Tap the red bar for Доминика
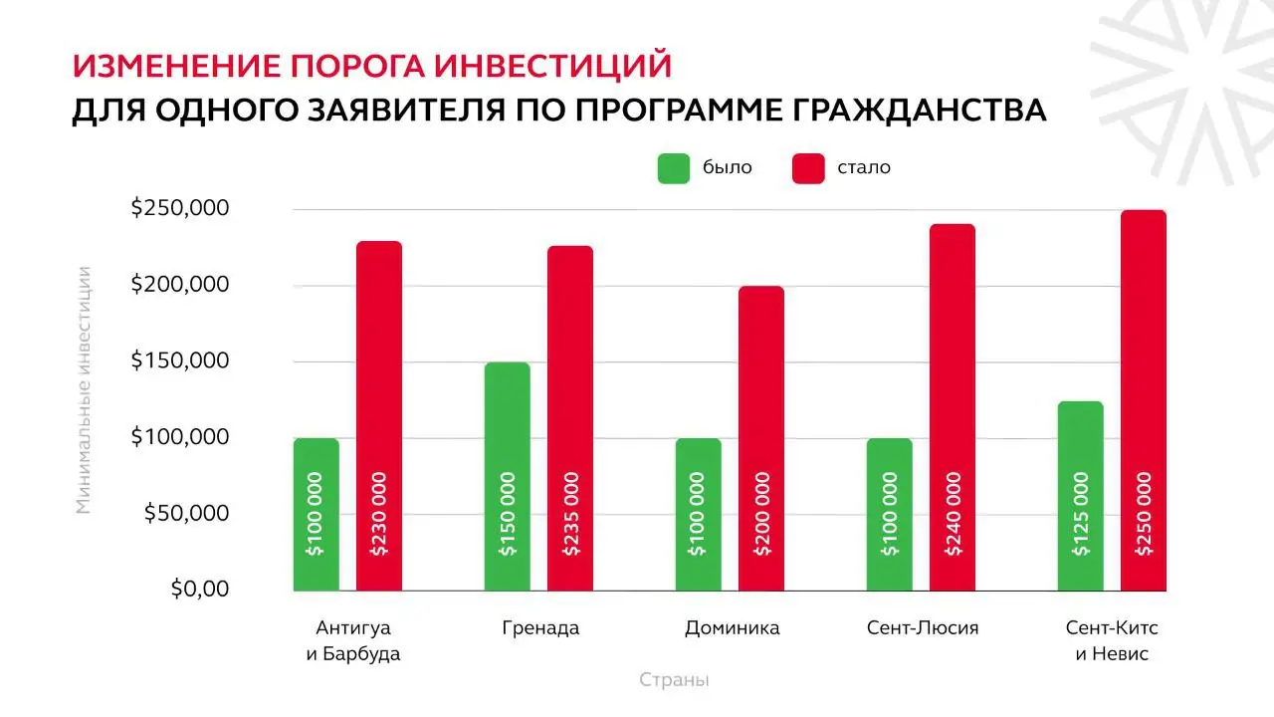[761, 438]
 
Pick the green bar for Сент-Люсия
[889, 514]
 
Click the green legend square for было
[674, 168]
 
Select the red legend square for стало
[808, 168]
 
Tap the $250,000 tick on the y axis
[180, 209]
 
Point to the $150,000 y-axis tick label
[180, 360]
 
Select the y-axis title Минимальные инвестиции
[85, 389]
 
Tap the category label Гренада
[540, 628]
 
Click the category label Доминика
[732, 628]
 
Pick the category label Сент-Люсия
[923, 628]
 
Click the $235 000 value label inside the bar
[570, 513]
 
